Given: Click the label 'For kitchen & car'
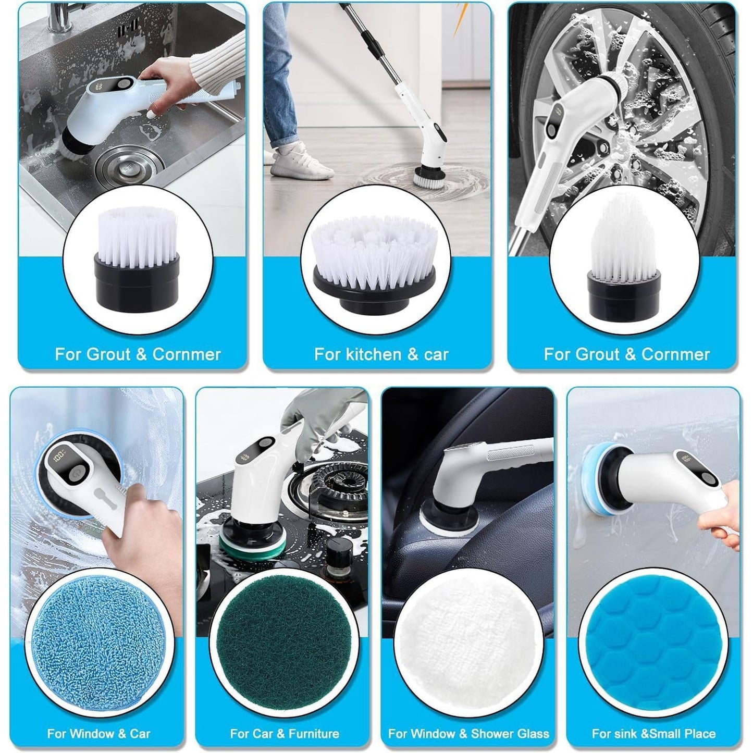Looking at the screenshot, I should coord(381,355).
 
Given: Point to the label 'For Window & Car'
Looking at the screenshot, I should coord(98,734).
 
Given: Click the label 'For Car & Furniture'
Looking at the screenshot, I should coord(285,734).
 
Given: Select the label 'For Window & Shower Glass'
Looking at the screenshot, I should coord(468,734).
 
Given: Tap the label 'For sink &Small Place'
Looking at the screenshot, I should coord(653,734).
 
